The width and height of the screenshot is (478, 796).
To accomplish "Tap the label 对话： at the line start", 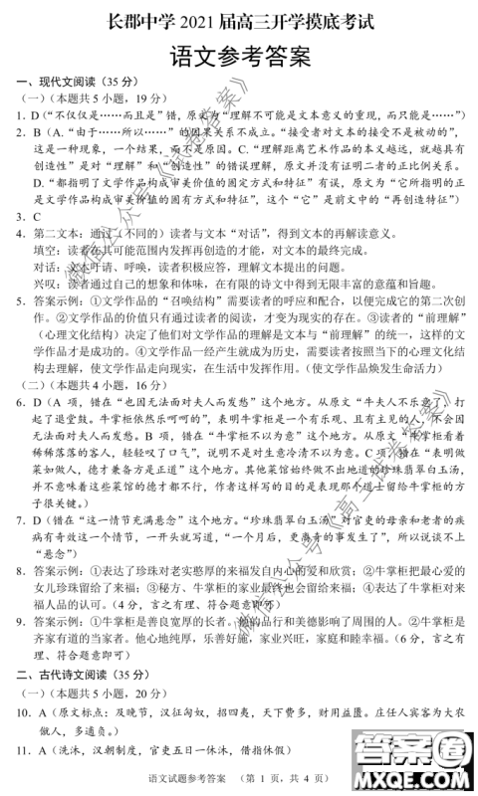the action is point(47,267).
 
